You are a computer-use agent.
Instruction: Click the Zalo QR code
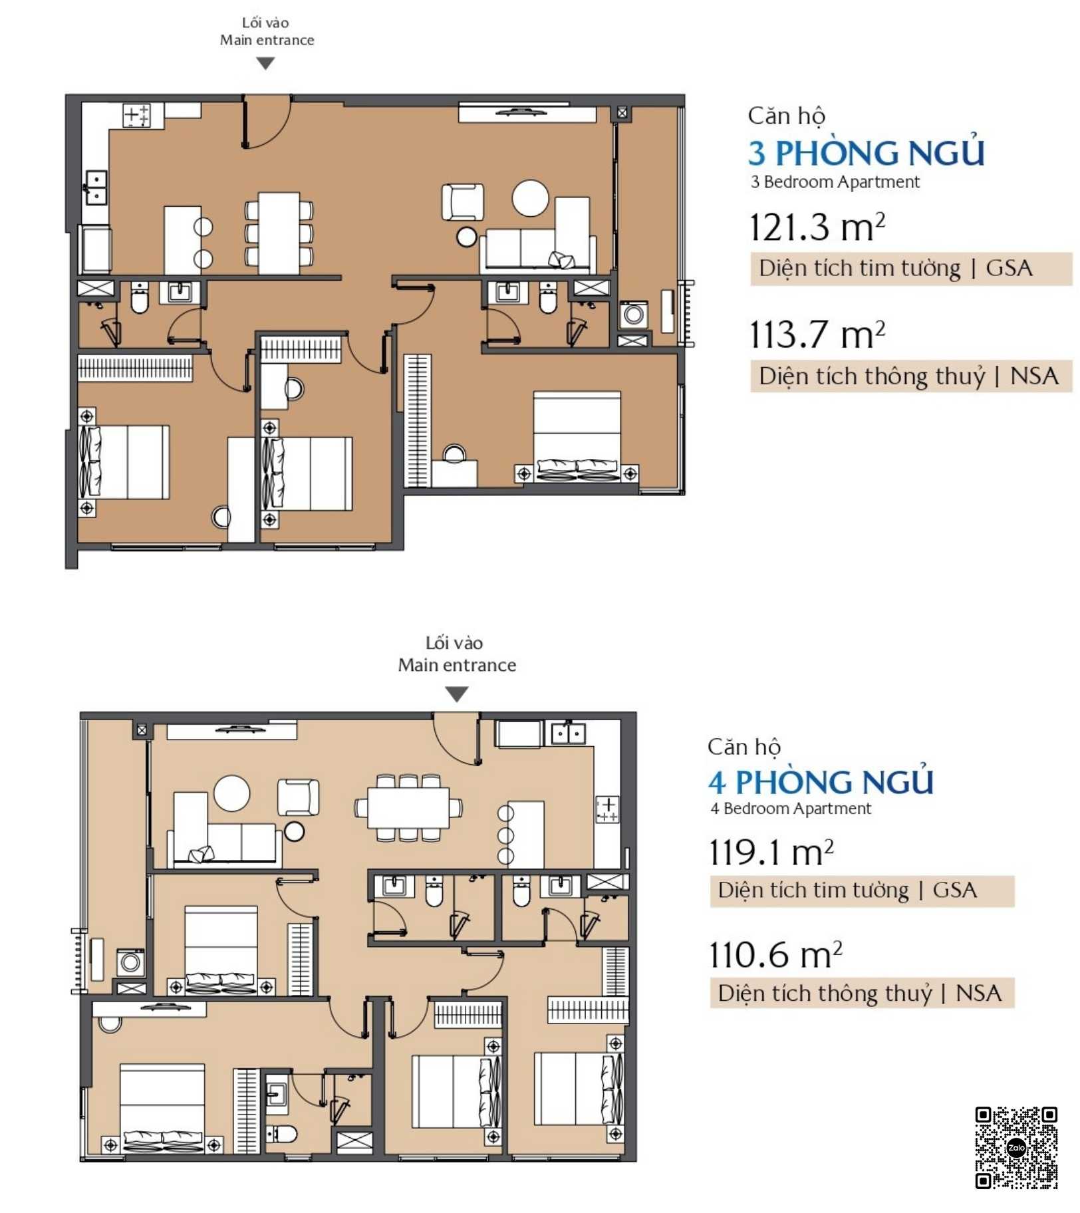pyautogui.click(x=1015, y=1147)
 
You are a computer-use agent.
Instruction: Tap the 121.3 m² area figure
pyautogui.click(x=817, y=227)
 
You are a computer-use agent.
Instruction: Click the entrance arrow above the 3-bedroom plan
pyautogui.click(x=265, y=63)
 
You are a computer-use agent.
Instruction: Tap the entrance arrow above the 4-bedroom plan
pyautogui.click(x=456, y=694)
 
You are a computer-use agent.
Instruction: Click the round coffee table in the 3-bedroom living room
pyautogui.click(x=530, y=198)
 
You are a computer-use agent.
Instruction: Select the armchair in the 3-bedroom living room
pyautogui.click(x=463, y=202)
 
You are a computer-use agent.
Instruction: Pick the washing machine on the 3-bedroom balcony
pyautogui.click(x=633, y=314)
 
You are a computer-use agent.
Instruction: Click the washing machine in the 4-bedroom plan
pyautogui.click(x=130, y=962)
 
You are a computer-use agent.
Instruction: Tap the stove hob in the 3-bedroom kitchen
pyautogui.click(x=137, y=115)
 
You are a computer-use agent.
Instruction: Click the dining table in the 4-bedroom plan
pyautogui.click(x=408, y=807)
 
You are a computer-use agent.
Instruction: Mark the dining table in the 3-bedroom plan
pyautogui.click(x=279, y=233)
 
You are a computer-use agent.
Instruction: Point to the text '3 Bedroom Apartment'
pyautogui.click(x=835, y=182)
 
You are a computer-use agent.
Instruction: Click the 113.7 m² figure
pyautogui.click(x=817, y=334)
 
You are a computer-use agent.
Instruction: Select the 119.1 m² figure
pyautogui.click(x=771, y=852)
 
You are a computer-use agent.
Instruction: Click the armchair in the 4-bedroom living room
pyautogui.click(x=298, y=797)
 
